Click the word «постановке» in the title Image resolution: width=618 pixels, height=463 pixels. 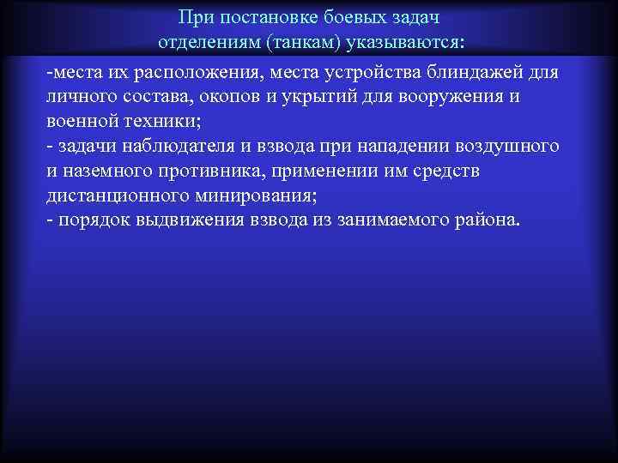pos(256,18)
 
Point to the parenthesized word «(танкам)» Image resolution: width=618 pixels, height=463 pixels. pos(301,43)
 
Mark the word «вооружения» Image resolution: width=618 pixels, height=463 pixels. pos(449,97)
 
